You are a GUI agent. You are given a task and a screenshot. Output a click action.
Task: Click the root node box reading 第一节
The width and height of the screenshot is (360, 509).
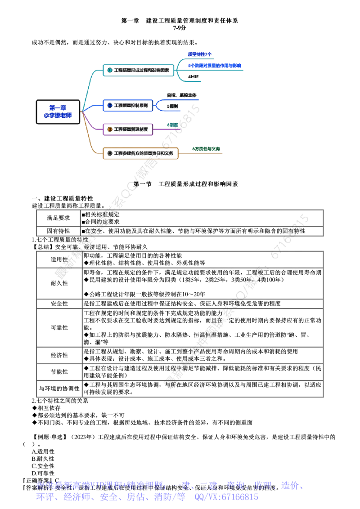click(58, 111)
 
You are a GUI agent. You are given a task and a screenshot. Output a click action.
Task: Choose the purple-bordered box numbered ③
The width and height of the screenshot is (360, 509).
click(128, 129)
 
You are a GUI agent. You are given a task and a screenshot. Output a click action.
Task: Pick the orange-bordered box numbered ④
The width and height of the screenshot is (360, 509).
click(140, 153)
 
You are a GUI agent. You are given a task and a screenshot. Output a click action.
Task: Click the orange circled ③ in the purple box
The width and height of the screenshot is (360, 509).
click(109, 129)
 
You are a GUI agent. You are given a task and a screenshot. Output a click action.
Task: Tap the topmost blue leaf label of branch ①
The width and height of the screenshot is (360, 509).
click(199, 54)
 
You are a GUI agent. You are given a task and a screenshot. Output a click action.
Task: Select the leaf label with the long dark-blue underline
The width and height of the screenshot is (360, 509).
click(214, 66)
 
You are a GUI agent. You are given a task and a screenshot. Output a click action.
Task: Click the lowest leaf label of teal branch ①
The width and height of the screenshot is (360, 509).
click(193, 77)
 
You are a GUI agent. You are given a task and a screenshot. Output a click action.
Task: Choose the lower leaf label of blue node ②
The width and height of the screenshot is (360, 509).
click(172, 106)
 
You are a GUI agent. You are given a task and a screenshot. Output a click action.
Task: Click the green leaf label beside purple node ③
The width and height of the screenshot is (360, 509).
click(173, 125)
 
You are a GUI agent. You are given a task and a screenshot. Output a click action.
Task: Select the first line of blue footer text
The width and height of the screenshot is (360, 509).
click(169, 486)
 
